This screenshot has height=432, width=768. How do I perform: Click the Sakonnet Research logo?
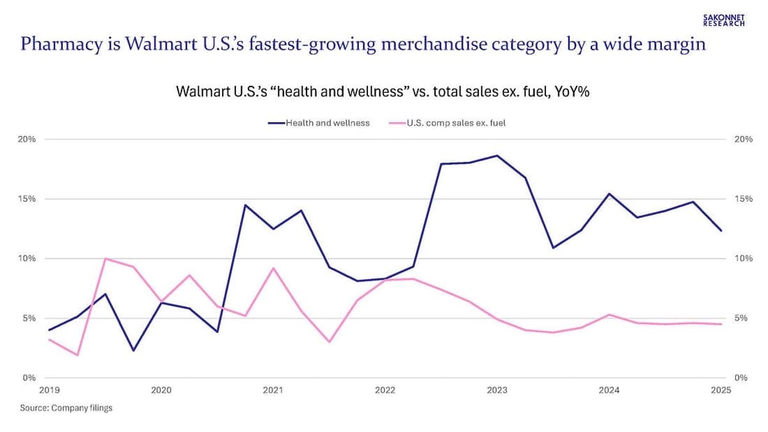coord(724,20)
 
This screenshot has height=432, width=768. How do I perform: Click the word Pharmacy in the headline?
coord(53,44)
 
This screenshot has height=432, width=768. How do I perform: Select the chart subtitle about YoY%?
coord(382,92)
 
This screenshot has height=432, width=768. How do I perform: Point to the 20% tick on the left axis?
coord(27,139)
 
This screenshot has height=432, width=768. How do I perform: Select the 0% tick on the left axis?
coord(29,378)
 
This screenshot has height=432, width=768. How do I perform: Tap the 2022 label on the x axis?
coord(385,390)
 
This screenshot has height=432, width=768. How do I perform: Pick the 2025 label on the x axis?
coord(721,390)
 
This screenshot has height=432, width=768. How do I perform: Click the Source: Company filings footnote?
coord(66,408)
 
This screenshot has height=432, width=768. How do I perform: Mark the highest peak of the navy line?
coord(497,156)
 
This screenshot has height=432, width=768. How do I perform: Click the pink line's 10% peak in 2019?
coord(105,259)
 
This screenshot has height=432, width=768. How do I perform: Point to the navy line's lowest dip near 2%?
coord(133,351)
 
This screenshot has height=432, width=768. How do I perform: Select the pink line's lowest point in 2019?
coord(77,355)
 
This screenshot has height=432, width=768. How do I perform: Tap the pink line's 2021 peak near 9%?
coord(273,268)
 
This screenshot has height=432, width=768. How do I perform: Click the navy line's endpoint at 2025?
coord(721,230)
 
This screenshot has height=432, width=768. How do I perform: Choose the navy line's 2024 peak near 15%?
coord(609,193)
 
